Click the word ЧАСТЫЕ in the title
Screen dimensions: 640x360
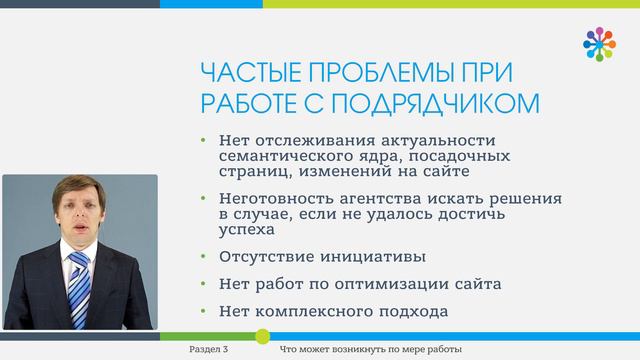click(251, 73)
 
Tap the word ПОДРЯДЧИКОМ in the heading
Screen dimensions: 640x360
click(435, 103)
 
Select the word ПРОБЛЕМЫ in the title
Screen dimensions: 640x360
click(380, 73)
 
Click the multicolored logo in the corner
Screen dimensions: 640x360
click(599, 44)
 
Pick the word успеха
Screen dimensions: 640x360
click(247, 230)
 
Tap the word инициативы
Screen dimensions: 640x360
click(373, 257)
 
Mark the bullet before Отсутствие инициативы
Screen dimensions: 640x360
click(203, 257)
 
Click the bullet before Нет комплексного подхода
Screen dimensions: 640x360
click(203, 311)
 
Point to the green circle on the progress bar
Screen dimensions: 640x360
click(262, 336)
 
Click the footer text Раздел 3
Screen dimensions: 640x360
click(209, 349)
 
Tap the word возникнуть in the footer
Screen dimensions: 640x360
click(356, 349)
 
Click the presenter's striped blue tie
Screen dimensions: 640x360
click(79, 289)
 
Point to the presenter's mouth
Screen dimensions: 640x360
click(79, 228)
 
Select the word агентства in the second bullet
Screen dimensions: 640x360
click(380, 199)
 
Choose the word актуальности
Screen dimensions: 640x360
click(438, 141)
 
